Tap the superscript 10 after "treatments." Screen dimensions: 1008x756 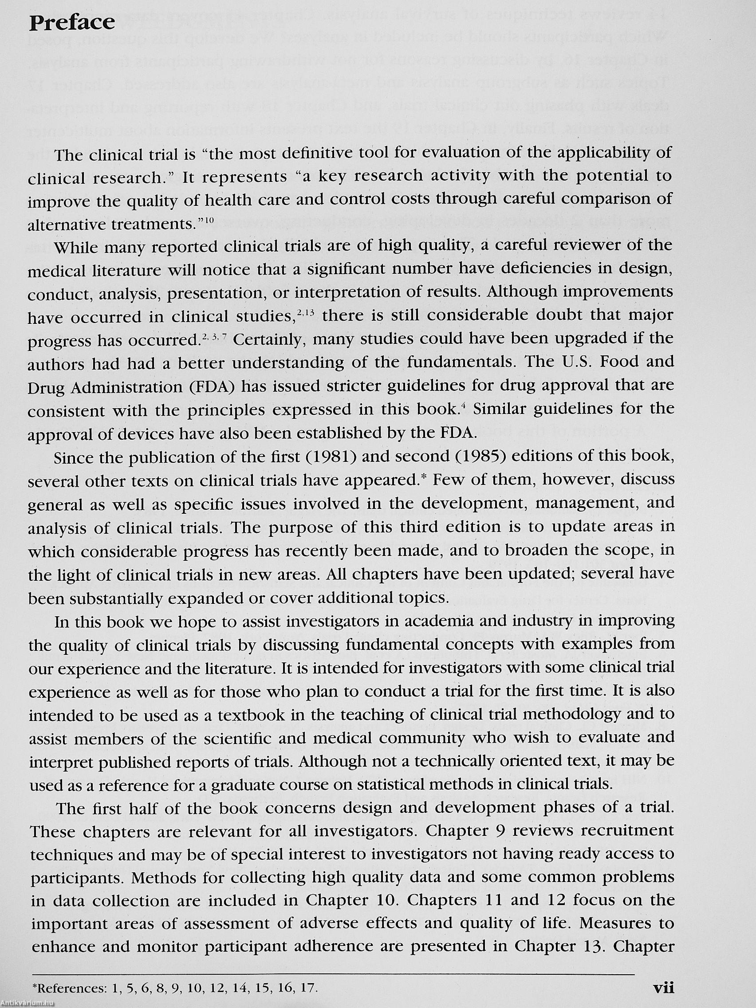point(209,220)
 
